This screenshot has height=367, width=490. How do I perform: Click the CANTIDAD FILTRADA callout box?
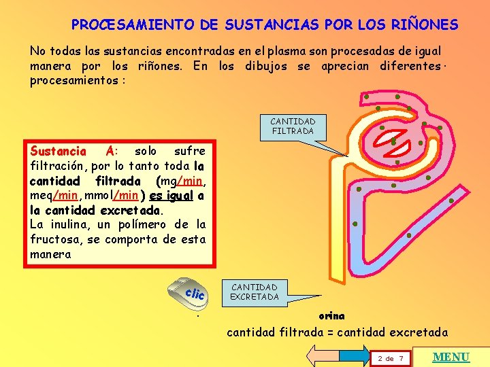coord(293,126)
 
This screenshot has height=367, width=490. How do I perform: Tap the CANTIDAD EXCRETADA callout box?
coord(254,292)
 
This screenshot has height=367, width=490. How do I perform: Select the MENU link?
coord(451,357)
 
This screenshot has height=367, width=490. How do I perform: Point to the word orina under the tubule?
coord(331,316)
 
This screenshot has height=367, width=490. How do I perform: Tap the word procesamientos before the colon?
coord(67,80)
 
